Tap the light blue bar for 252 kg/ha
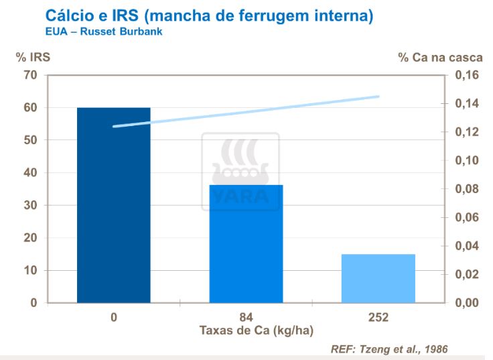(x=378, y=278)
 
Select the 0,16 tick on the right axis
(x=467, y=76)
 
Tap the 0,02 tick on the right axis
(x=467, y=275)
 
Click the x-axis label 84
(x=246, y=317)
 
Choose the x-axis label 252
(x=378, y=317)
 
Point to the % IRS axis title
(x=33, y=58)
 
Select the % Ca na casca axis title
(x=440, y=58)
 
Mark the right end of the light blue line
(x=378, y=97)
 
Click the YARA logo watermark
(x=240, y=172)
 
